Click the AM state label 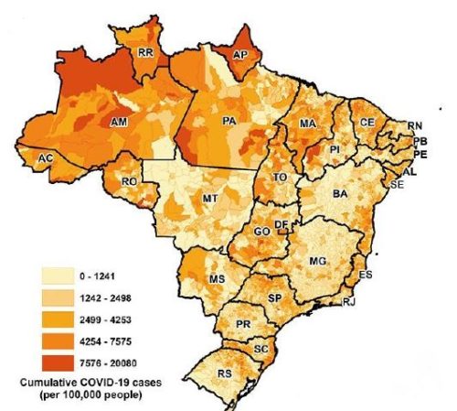pos(117,121)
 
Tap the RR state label pos(144,54)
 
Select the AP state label pos(240,54)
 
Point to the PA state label pos(229,120)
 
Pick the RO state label pos(129,182)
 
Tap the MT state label pos(209,198)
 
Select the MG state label pos(318,262)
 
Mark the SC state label pos(261,349)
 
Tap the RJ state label pos(347,301)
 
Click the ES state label pos(367,274)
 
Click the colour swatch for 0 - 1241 pos(58,273)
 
